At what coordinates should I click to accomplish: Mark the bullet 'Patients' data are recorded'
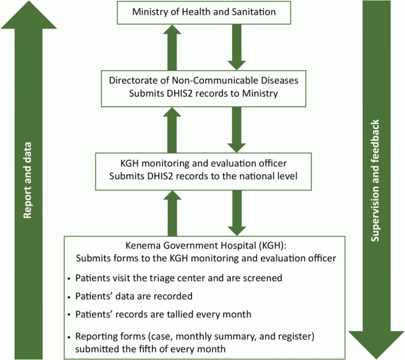point(134,296)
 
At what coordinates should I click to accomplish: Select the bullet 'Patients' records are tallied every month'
point(162,314)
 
